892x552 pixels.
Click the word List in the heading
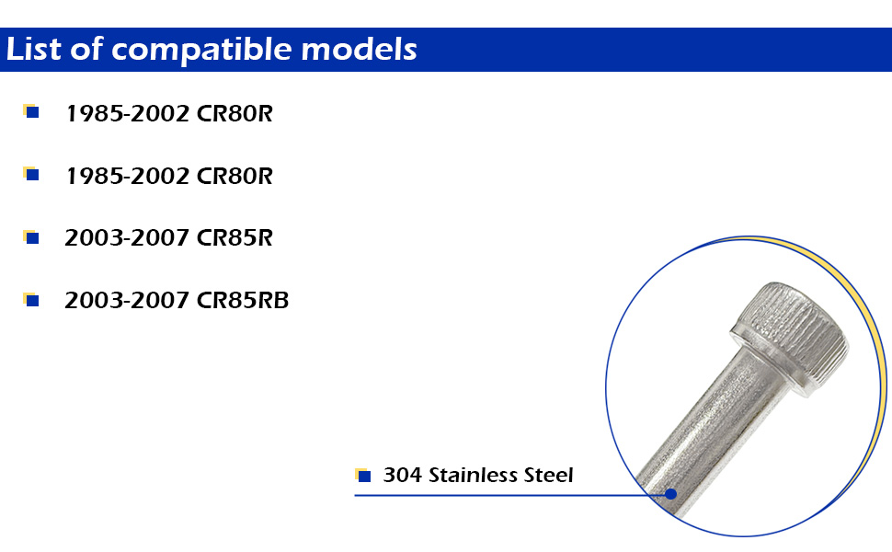point(33,49)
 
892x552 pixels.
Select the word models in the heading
point(359,49)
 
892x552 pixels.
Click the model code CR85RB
point(243,301)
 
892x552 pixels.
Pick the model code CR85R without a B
point(234,238)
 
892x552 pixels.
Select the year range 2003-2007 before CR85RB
point(126,301)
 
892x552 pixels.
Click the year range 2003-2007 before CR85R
point(126,238)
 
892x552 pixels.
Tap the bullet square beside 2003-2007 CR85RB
point(31,300)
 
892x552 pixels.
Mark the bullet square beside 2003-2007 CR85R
point(31,237)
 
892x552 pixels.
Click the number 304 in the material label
point(402,475)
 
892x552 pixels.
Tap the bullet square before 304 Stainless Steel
point(363,475)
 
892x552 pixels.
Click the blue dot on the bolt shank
point(671,494)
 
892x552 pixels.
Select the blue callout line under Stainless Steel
point(512,495)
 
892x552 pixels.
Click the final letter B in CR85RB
point(281,301)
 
